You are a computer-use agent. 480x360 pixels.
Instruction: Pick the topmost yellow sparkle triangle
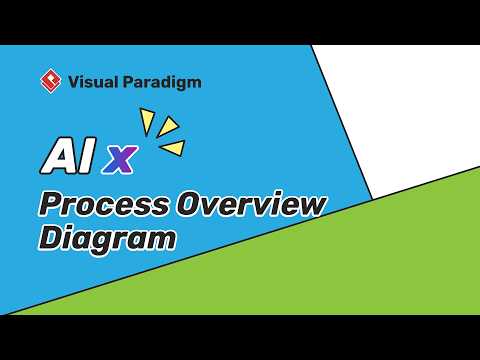147,120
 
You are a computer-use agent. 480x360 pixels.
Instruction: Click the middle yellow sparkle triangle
168,128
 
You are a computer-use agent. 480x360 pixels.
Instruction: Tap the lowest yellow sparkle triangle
174,148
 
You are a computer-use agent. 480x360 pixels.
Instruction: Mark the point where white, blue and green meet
372,198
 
